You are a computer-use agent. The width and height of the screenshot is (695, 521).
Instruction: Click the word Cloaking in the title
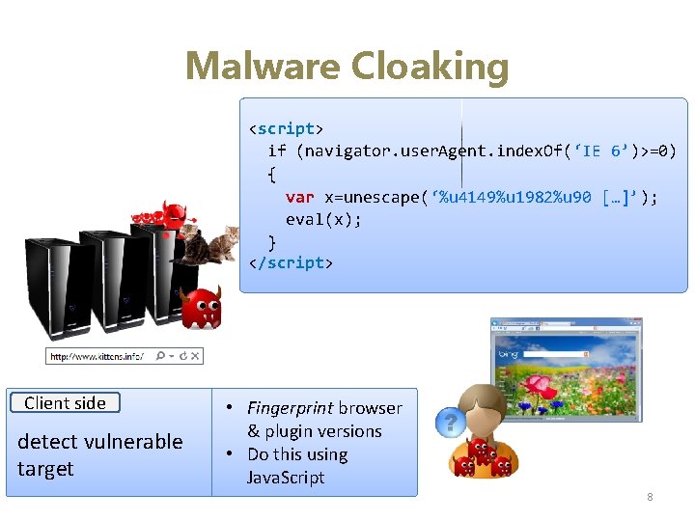coord(430,67)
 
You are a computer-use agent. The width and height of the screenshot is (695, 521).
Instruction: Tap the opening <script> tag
coord(287,128)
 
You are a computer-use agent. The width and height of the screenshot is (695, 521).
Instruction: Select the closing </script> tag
coord(291,262)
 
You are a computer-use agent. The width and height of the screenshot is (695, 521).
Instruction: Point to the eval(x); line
coord(323,219)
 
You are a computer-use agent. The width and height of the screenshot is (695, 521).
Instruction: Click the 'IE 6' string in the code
coord(605,151)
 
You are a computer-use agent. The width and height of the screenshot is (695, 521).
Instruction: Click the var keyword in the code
coord(299,197)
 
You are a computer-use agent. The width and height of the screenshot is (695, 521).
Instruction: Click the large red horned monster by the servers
coord(202,306)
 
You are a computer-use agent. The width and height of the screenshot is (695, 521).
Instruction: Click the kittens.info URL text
coord(97,356)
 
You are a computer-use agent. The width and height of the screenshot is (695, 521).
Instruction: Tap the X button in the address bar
coord(195,356)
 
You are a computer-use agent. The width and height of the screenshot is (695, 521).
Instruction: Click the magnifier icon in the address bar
coord(160,356)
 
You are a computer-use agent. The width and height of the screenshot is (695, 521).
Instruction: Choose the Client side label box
coord(65,403)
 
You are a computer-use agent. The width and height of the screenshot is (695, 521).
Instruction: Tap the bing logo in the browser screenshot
coord(508,356)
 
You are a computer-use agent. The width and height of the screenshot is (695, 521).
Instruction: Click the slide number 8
coord(650,497)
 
